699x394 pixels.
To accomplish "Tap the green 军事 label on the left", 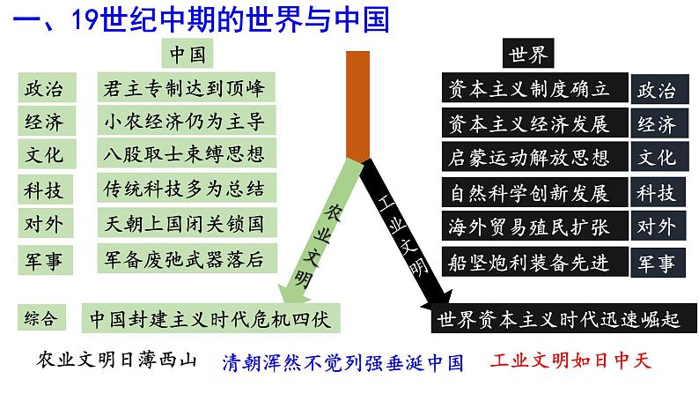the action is [43, 258].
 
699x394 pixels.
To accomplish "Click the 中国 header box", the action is [187, 54].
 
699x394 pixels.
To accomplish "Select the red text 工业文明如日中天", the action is [569, 361].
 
